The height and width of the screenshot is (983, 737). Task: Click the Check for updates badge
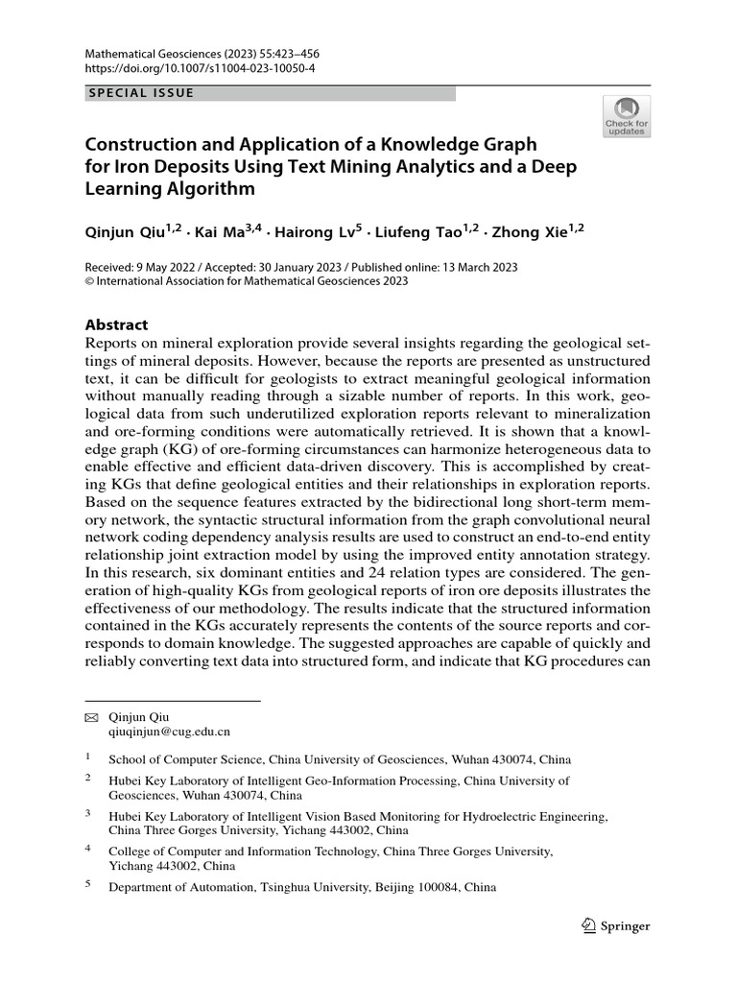626,116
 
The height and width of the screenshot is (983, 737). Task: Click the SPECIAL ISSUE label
141,93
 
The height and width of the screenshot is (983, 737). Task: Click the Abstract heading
117,325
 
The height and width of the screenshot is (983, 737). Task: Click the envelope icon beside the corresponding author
91,717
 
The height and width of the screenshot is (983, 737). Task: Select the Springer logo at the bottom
616,926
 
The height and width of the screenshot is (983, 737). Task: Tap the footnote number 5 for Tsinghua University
88,886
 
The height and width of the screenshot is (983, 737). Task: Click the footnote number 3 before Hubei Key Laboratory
88,814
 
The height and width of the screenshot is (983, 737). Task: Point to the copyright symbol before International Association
90,281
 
